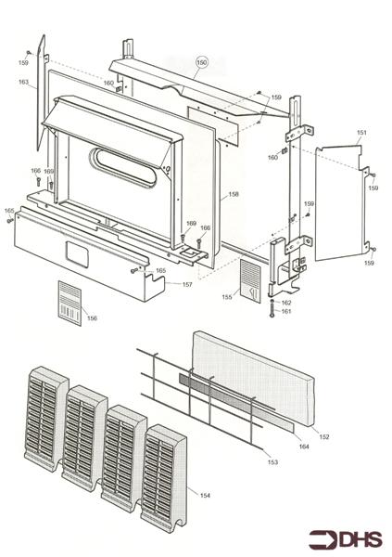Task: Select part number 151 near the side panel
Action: (361, 134)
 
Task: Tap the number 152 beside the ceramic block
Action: (324, 436)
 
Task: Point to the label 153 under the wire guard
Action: (272, 461)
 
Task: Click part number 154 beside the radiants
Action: (205, 496)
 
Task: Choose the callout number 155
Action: (226, 297)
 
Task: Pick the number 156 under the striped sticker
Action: (91, 318)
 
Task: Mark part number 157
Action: (186, 284)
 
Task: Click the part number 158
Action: (233, 194)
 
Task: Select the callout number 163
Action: (23, 83)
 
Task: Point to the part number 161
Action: (286, 312)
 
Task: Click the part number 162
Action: (286, 303)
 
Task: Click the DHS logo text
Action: (360, 539)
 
